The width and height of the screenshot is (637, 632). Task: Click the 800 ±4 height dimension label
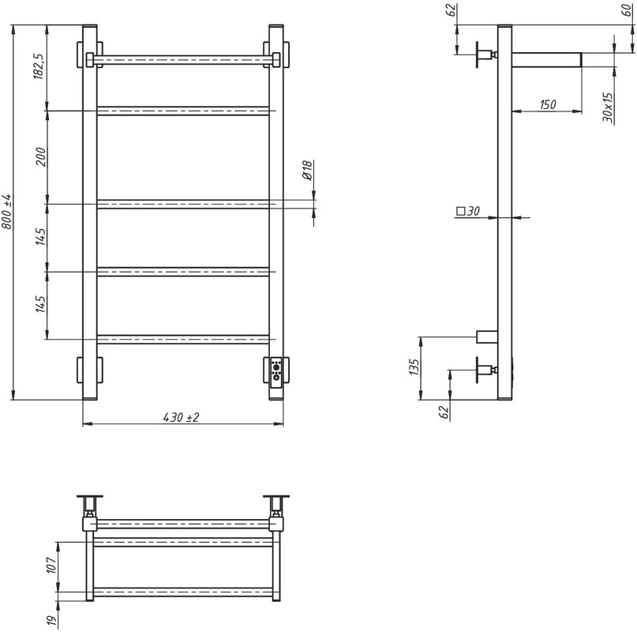(7, 212)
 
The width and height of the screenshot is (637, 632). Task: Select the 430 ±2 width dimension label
(182, 417)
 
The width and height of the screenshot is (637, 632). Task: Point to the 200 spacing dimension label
(41, 156)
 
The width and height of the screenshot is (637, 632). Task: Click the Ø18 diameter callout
(307, 170)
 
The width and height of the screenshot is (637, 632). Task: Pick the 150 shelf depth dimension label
(548, 104)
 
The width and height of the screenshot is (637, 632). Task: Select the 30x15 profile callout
(607, 107)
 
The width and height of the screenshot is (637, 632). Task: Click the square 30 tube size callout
(468, 211)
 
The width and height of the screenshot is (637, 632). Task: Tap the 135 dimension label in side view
(414, 367)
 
